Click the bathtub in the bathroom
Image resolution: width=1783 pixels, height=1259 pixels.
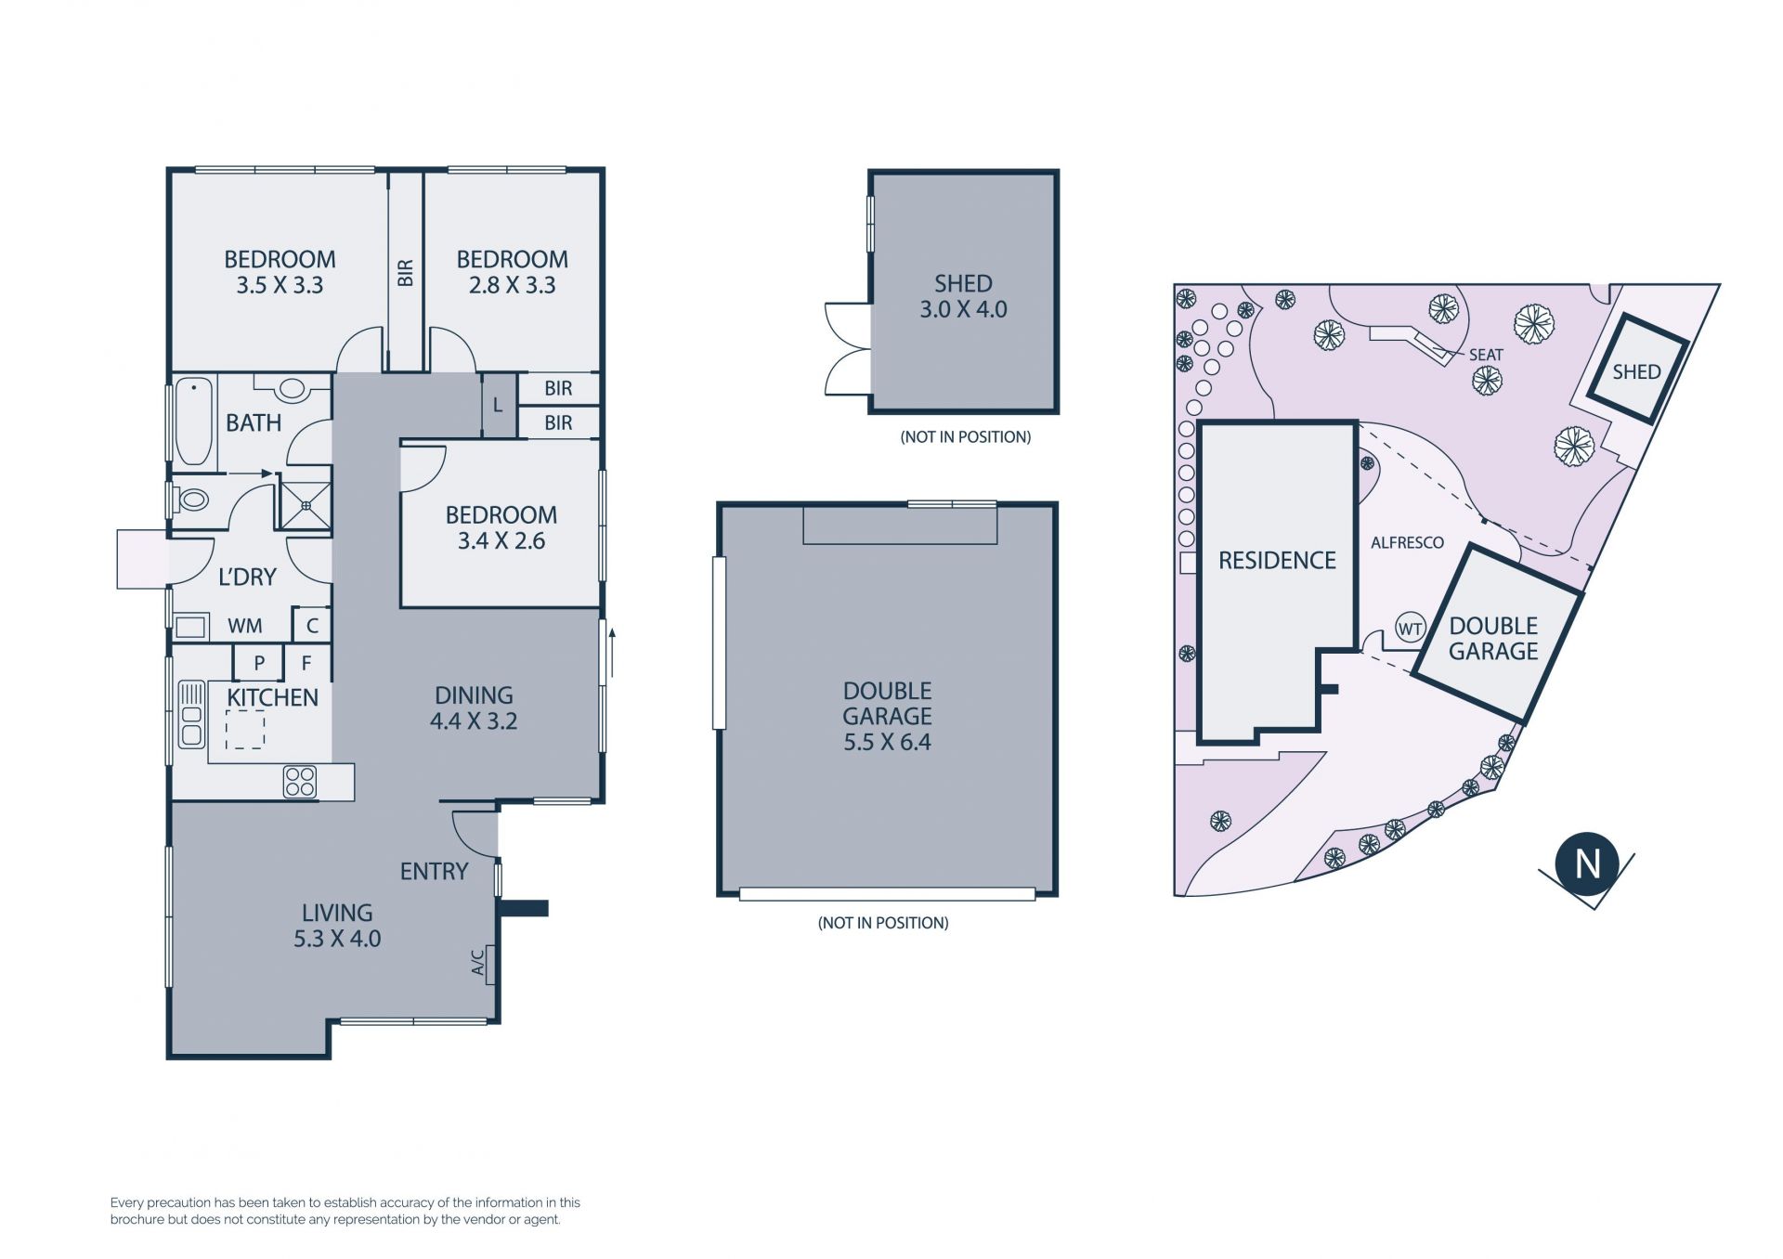[194, 422]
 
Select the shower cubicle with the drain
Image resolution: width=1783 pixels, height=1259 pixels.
[306, 506]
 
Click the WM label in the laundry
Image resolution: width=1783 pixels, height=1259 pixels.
[245, 627]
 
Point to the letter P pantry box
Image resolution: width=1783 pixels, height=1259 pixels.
[259, 663]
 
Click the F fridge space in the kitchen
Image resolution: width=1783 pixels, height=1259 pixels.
[306, 663]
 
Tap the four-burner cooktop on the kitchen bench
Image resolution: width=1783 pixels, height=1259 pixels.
[300, 782]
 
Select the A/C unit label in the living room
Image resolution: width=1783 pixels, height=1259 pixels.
[478, 963]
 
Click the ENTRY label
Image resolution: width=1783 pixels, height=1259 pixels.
[434, 872]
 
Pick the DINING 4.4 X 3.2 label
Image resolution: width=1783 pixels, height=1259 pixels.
[474, 708]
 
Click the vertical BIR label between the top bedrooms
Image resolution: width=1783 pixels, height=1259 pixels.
[406, 273]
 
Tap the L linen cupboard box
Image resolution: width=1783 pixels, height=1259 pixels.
[499, 405]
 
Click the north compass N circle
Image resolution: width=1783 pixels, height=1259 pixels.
[1588, 864]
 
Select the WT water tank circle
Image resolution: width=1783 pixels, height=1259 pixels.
[1411, 629]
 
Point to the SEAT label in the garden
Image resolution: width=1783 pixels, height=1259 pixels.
[1486, 355]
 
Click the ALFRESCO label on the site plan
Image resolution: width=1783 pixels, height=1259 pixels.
[1407, 543]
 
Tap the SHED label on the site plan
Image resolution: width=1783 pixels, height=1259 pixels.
[1636, 372]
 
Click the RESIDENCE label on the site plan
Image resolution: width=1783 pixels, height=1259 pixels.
[1277, 561]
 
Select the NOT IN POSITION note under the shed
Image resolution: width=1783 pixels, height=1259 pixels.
[966, 437]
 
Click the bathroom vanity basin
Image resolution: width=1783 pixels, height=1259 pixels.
[292, 387]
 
